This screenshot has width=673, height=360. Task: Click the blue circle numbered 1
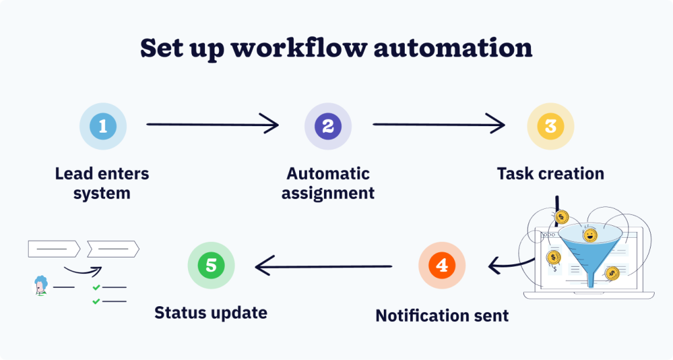point(103,125)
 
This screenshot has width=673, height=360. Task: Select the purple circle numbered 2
point(328,125)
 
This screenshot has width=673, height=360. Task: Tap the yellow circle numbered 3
point(551,125)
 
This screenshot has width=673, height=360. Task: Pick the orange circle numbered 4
point(442,265)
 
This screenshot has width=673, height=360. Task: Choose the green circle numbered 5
point(211,265)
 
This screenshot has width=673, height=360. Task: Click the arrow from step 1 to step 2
point(212,124)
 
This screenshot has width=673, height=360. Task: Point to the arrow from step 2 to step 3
point(438,124)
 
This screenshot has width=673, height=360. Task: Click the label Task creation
point(550,174)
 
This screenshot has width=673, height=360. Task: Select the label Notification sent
point(442,315)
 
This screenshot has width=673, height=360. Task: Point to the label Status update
point(210,312)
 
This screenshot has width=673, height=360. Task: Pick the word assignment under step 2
point(328,193)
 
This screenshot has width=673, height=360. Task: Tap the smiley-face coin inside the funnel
point(590,235)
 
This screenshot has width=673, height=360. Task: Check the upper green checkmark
point(96,287)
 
